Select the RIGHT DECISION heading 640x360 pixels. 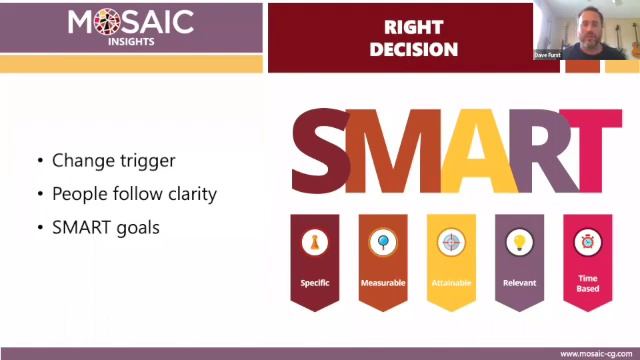click(x=413, y=39)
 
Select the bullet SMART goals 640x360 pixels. click(x=106, y=227)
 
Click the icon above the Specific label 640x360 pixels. click(x=315, y=241)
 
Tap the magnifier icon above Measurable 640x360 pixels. click(x=383, y=241)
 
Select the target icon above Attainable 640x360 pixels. click(x=451, y=241)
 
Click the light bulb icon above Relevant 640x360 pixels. click(x=519, y=241)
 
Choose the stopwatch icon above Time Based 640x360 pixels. click(x=587, y=241)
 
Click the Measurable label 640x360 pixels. click(x=383, y=283)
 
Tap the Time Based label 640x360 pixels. click(x=588, y=283)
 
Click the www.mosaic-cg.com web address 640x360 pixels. click(x=595, y=353)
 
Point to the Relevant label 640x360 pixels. click(x=519, y=283)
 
